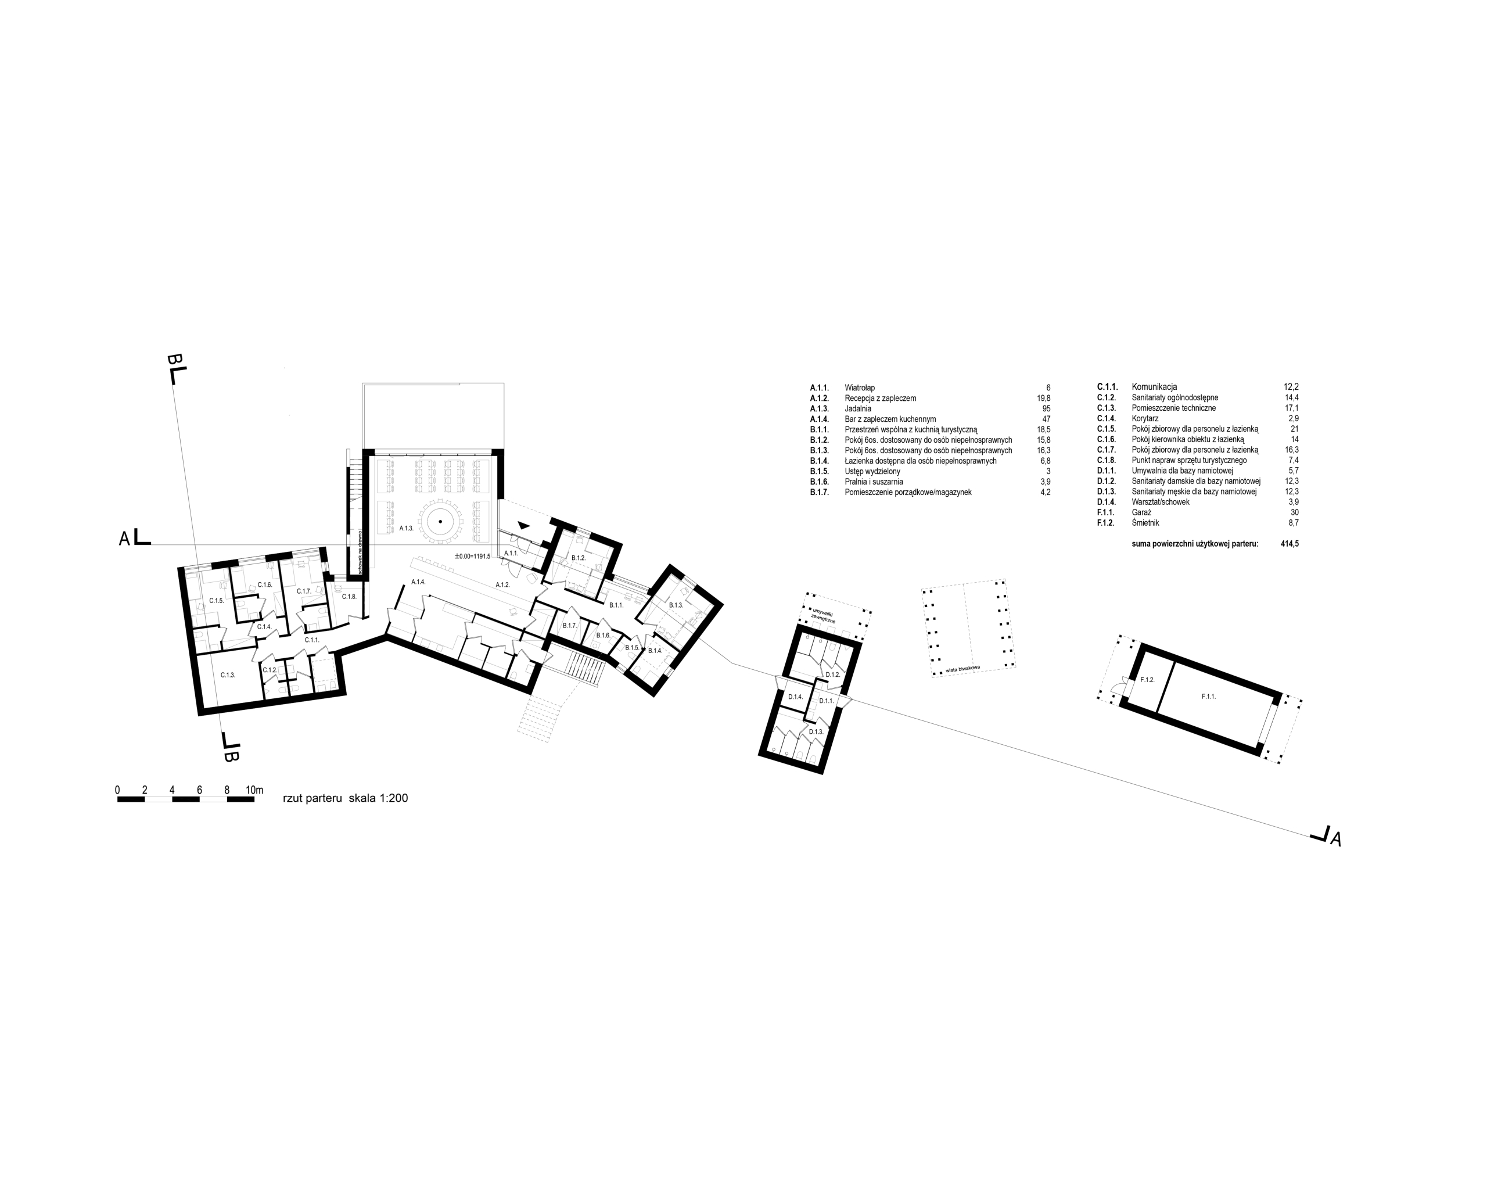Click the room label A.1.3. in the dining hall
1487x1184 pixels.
pos(405,528)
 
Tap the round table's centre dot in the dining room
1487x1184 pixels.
pos(440,522)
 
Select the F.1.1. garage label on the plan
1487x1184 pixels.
pos(1208,696)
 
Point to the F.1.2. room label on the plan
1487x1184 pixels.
pos(1148,680)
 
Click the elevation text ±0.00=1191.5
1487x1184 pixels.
pos(472,556)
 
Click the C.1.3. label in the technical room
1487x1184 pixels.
pos(228,675)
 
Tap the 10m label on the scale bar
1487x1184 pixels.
pos(254,790)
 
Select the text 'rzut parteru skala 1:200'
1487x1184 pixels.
pos(346,798)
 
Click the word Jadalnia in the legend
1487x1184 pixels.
pos(858,408)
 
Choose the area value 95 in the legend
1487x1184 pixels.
pos(1046,408)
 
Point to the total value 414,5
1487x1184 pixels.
pos(1290,544)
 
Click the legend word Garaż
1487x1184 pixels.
pos(1141,512)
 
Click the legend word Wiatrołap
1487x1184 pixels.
pos(859,388)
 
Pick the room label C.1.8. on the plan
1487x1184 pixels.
pos(349,596)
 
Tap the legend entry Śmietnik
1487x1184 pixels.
pos(1145,523)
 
